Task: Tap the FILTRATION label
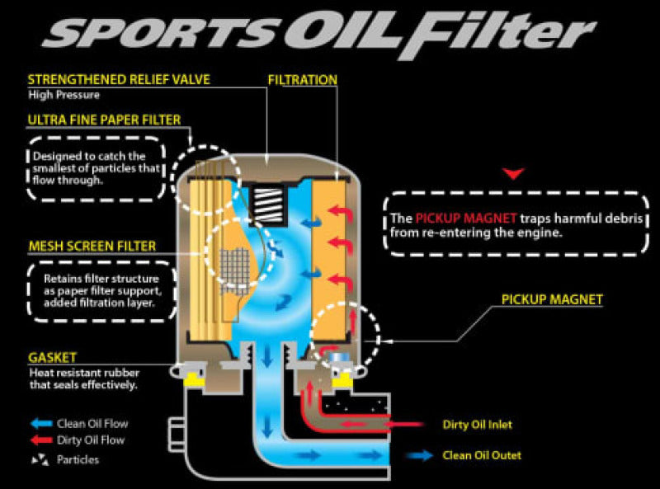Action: pyautogui.click(x=303, y=80)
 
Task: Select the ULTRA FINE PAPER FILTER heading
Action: pyautogui.click(x=104, y=120)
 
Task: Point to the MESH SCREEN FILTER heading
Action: pyautogui.click(x=92, y=246)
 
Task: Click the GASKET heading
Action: pyautogui.click(x=52, y=357)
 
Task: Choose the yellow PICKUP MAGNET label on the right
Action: pyautogui.click(x=552, y=299)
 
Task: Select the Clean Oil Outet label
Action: pyautogui.click(x=482, y=454)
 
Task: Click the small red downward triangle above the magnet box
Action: pyautogui.click(x=515, y=174)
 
